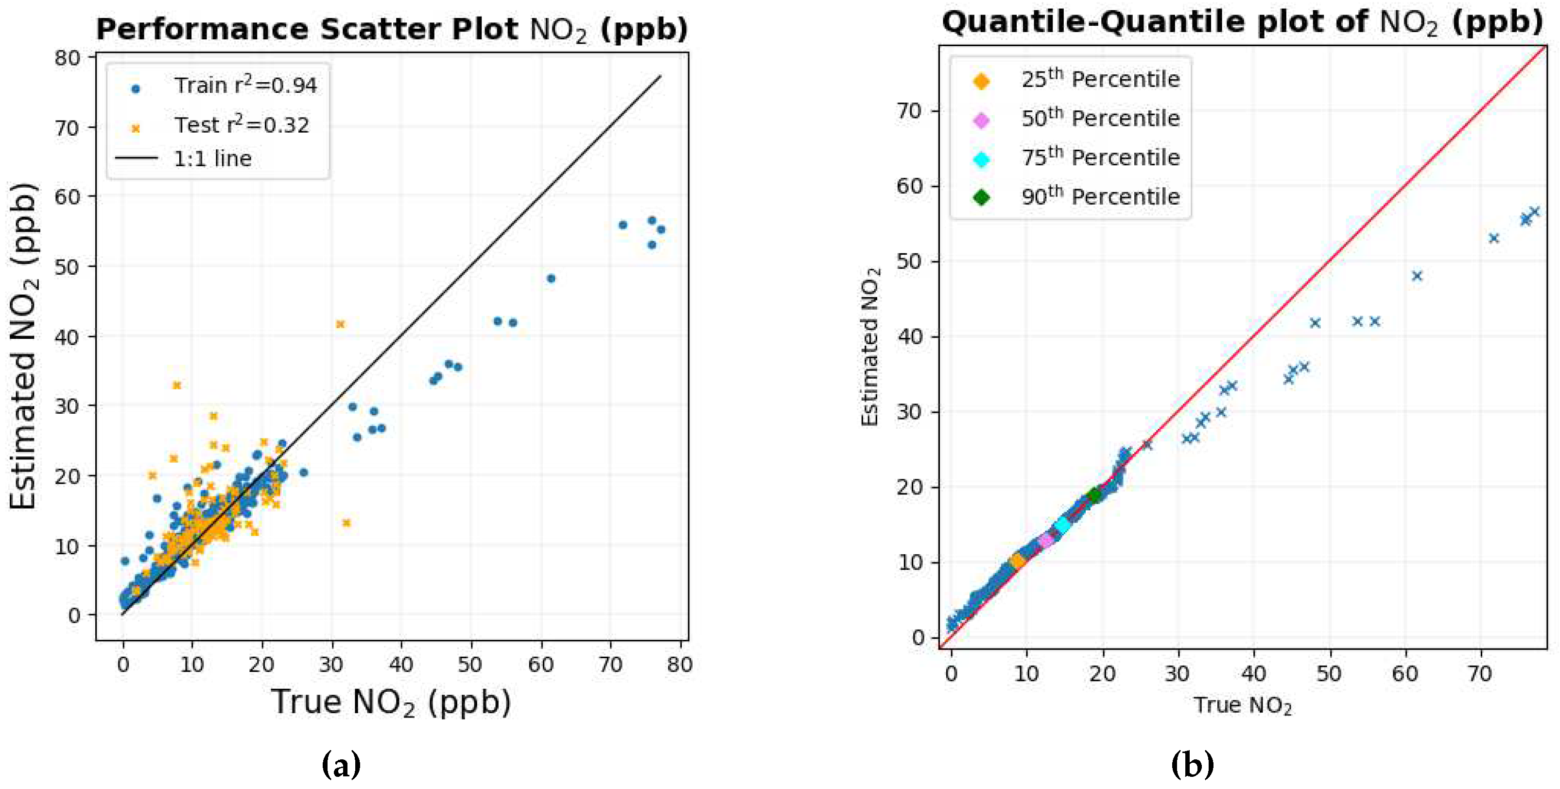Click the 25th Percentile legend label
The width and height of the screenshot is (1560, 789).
(1100, 79)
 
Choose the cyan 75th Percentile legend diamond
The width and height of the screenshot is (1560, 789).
(981, 159)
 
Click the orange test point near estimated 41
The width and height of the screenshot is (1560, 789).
(340, 324)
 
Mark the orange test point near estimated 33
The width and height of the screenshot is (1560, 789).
(177, 386)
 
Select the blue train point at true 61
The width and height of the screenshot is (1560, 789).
(551, 279)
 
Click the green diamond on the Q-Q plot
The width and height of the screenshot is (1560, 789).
(1093, 495)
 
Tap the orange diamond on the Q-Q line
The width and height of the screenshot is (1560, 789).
(1017, 562)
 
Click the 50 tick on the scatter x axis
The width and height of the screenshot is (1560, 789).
(470, 665)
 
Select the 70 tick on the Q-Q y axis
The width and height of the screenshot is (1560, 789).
(909, 111)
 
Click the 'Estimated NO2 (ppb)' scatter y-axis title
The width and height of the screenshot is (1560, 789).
(24, 346)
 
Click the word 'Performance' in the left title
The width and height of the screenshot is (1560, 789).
(204, 29)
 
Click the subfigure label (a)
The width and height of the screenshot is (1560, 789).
(341, 765)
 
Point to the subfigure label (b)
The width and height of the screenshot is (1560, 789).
(1192, 765)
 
